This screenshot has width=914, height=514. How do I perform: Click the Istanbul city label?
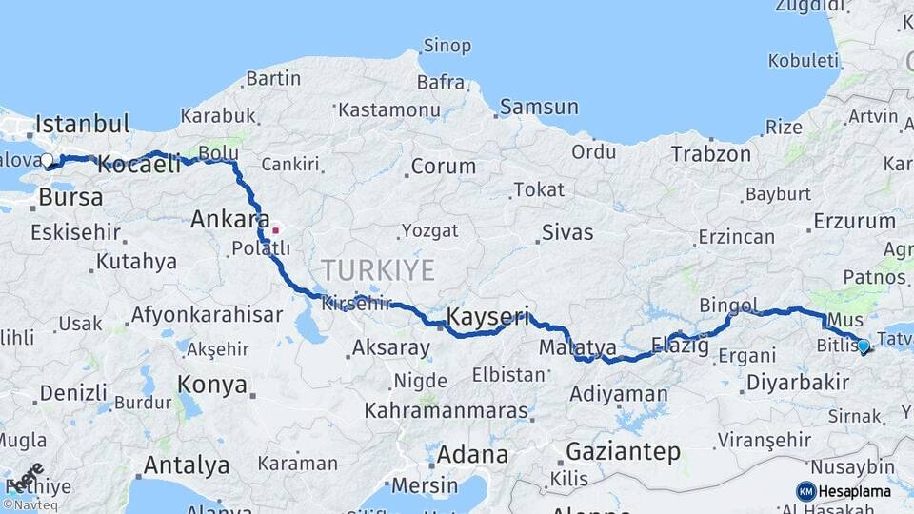[82, 124]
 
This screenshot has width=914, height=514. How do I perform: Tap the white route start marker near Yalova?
[48, 160]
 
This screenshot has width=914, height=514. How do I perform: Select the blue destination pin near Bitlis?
[864, 346]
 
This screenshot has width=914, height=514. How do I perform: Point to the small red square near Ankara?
[276, 229]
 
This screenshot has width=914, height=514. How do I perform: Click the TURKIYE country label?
[378, 269]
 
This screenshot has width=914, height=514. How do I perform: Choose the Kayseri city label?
[487, 315]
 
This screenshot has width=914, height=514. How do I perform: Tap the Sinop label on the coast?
[447, 46]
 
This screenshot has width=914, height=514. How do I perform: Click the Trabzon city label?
[710, 153]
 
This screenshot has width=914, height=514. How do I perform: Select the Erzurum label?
[854, 222]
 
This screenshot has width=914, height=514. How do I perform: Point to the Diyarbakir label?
[798, 383]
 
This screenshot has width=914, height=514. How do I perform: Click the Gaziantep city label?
[624, 451]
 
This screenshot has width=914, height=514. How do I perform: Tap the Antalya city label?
[186, 465]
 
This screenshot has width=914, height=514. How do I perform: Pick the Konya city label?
[212, 385]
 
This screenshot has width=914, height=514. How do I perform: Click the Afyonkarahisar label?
[207, 314]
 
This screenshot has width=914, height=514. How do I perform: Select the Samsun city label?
[538, 107]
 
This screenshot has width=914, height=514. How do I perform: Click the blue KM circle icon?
[805, 491]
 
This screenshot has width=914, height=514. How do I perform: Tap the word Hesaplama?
[855, 492]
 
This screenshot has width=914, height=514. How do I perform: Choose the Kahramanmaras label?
[446, 411]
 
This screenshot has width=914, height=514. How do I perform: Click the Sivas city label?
[567, 232]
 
